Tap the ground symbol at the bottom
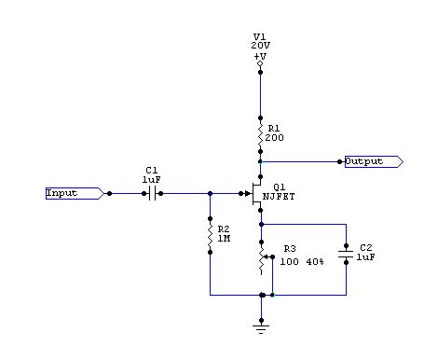point(261,325)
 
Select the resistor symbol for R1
point(261,130)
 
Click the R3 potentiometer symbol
point(262,256)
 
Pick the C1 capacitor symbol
point(150,193)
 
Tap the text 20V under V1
point(260,46)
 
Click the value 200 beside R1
point(277,137)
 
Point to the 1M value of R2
point(223,240)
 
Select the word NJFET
point(281,197)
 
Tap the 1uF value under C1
point(151,179)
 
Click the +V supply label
point(260,55)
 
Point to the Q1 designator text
point(279,187)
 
